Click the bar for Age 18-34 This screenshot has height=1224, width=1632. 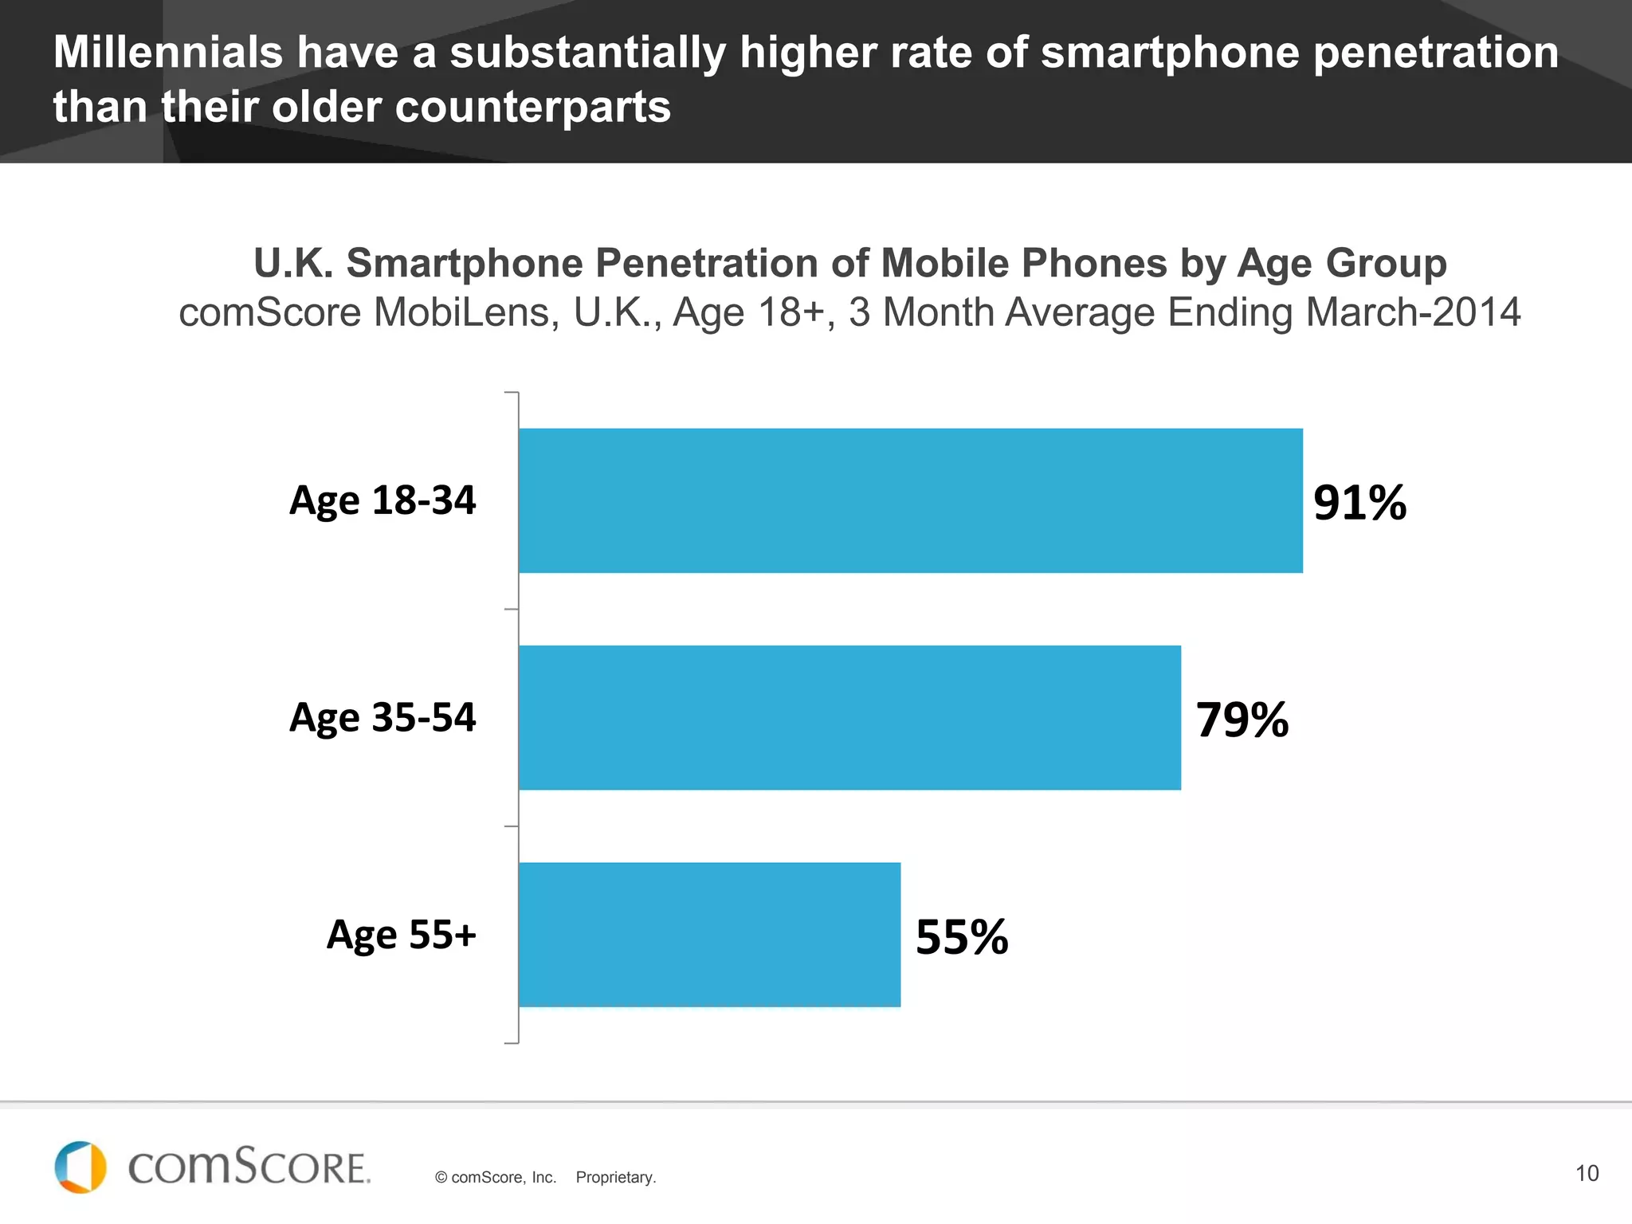[x=910, y=500]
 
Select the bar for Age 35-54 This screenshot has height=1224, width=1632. [x=849, y=717]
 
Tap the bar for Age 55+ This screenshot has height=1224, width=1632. [x=709, y=934]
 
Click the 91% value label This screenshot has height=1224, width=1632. [x=1359, y=503]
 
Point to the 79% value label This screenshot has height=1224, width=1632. [x=1242, y=720]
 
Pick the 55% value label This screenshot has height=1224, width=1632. [x=961, y=937]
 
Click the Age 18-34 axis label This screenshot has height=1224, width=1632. [x=382, y=501]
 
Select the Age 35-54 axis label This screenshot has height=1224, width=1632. [x=382, y=718]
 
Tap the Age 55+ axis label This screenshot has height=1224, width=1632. [x=401, y=935]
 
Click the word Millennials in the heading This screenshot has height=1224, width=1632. [x=168, y=53]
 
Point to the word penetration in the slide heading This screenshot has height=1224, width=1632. [x=1435, y=53]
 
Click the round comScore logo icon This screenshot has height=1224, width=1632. [x=80, y=1167]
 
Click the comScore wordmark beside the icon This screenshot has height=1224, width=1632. [x=249, y=1167]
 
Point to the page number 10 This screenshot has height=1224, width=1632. [x=1587, y=1173]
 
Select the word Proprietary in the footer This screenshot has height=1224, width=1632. [x=615, y=1177]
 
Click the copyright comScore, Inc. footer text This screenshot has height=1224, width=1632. [x=495, y=1177]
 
